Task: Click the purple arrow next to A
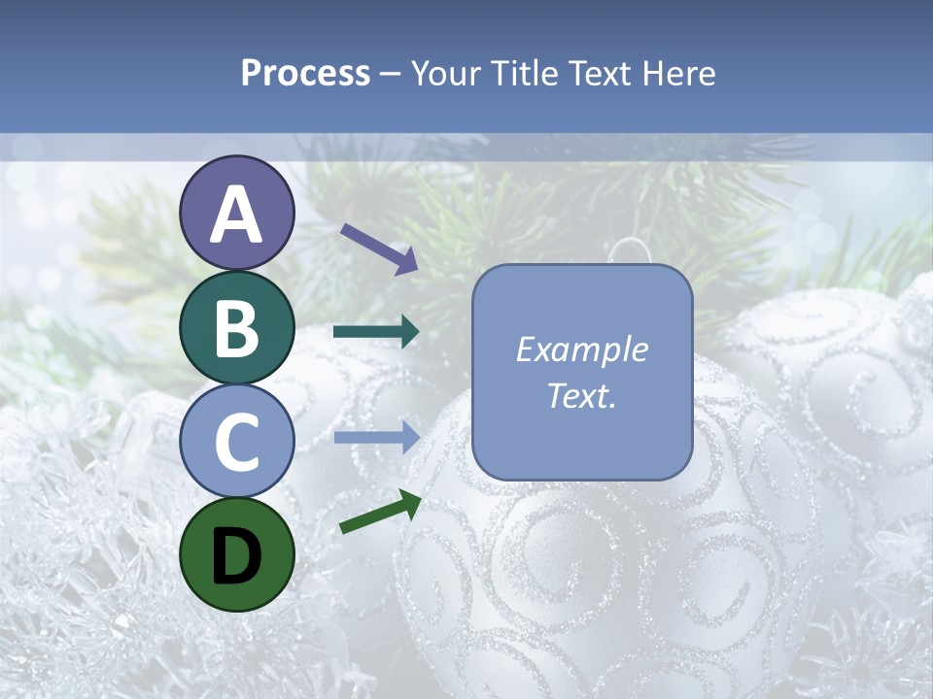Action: click(378, 249)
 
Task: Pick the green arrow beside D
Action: click(380, 512)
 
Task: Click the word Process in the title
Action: click(305, 73)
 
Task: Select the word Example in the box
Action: click(582, 349)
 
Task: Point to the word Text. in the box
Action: click(582, 396)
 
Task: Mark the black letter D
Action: click(237, 555)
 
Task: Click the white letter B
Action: click(237, 328)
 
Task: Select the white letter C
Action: click(237, 442)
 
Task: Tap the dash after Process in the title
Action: click(391, 74)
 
